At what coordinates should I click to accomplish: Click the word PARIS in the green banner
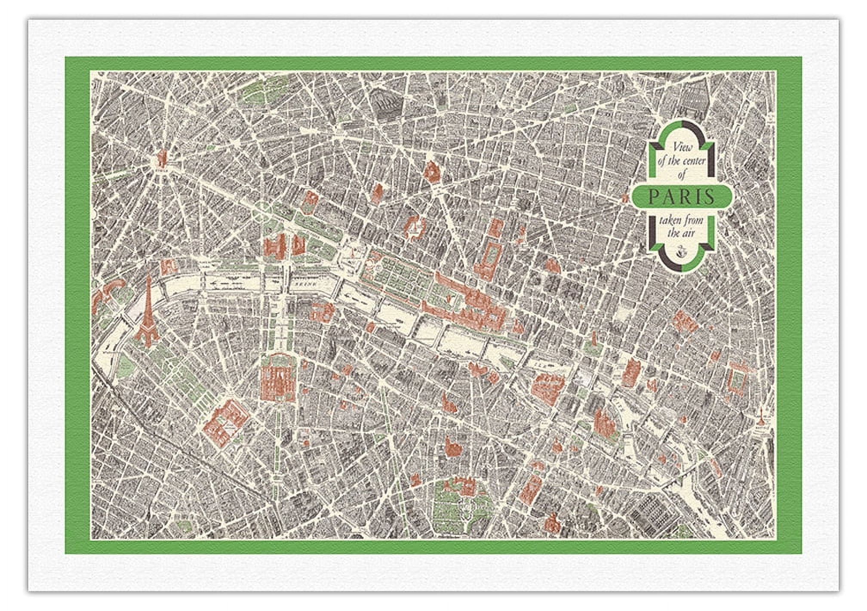coord(681,197)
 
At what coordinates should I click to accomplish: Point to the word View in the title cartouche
coord(683,148)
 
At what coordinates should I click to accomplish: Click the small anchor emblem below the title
coord(682,251)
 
